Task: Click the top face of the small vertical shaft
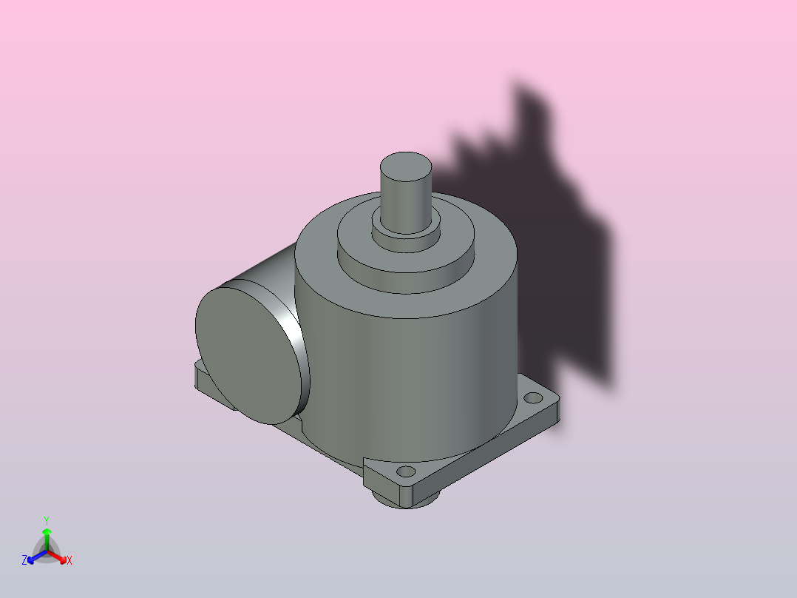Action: (x=406, y=166)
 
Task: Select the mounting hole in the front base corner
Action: (x=406, y=471)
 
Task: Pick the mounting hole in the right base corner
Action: (x=532, y=397)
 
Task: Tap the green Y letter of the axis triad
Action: (x=47, y=521)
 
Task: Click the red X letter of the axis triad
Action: (x=69, y=560)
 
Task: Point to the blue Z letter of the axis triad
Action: (x=24, y=560)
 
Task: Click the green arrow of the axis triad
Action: (x=47, y=539)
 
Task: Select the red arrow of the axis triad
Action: (x=57, y=557)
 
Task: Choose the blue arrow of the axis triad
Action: (x=37, y=557)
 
